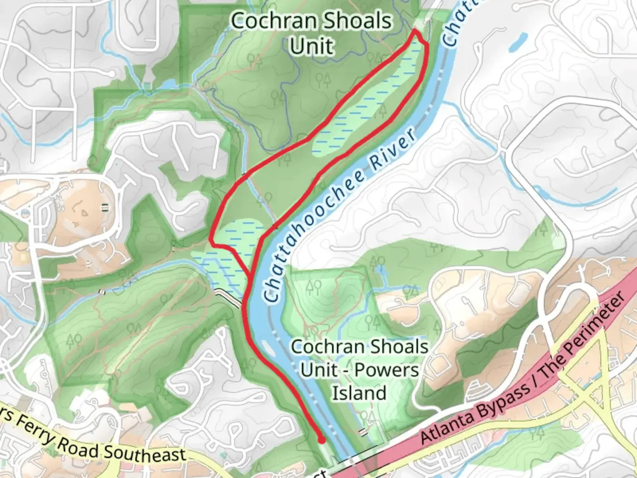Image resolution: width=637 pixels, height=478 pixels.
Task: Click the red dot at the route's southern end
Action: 322,440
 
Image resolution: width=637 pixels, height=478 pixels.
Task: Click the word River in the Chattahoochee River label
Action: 394,149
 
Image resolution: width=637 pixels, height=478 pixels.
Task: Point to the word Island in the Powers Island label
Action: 359,393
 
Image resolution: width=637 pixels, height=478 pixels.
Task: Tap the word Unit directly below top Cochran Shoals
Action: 311,46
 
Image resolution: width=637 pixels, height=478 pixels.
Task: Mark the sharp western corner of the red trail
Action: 211,242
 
